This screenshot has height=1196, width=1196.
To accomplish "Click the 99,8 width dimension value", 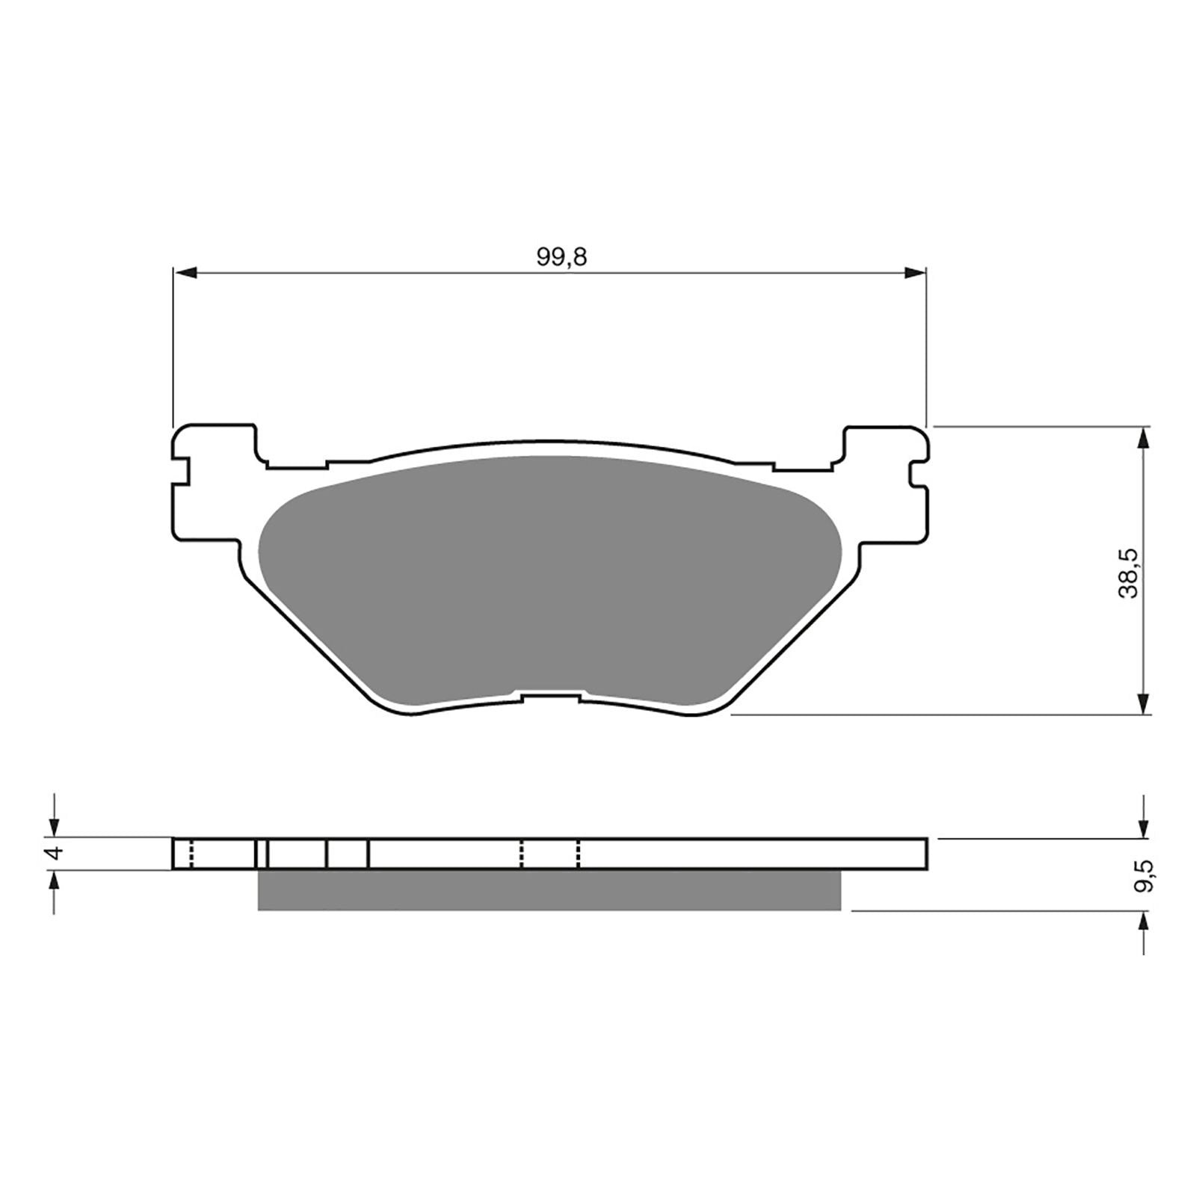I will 561,257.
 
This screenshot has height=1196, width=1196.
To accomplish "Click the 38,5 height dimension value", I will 1128,572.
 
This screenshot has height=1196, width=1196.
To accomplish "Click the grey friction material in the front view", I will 549,576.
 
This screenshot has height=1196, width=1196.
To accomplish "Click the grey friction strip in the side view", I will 549,890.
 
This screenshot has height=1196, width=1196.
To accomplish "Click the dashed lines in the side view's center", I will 550,854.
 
